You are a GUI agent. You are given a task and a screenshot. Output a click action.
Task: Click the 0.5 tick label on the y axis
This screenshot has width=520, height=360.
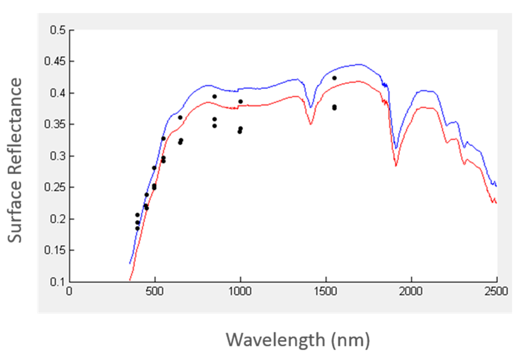click(57, 30)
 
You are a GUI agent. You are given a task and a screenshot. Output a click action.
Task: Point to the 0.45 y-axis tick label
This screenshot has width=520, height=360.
click(55, 61)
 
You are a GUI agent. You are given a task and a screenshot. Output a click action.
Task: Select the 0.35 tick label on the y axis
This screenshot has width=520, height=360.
click(55, 124)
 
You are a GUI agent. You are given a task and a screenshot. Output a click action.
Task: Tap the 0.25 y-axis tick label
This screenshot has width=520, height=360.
click(55, 187)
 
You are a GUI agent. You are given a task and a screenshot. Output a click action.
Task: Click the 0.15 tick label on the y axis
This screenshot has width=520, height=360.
click(55, 250)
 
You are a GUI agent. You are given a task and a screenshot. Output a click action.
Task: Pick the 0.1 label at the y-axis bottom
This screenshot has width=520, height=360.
click(57, 282)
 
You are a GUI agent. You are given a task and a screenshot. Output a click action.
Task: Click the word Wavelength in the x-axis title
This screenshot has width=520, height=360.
click(274, 339)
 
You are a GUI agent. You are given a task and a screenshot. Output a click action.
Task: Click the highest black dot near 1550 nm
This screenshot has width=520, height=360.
click(334, 78)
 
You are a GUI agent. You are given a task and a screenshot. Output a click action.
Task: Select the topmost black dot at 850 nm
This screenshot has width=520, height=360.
click(214, 96)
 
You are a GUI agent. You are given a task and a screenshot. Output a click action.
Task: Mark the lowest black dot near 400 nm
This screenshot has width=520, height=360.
click(137, 228)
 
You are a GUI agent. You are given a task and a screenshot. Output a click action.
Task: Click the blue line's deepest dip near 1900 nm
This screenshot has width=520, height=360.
click(396, 149)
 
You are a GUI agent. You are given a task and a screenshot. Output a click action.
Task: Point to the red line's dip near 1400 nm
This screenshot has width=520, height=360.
click(311, 124)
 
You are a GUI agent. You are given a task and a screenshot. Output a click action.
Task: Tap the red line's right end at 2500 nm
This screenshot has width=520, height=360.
click(496, 203)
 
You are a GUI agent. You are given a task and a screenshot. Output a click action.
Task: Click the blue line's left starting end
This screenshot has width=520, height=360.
click(129, 264)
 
